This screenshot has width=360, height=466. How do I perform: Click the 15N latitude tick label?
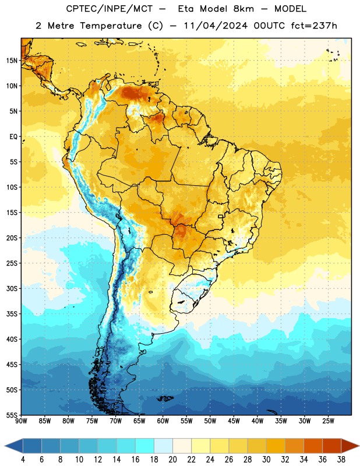point(12,61)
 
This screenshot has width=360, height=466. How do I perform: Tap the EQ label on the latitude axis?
point(13,137)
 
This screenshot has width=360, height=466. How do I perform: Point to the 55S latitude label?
point(12,415)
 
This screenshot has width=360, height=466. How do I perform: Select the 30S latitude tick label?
point(12,288)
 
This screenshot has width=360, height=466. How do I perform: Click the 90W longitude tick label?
point(21,421)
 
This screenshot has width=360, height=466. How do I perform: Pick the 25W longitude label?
point(328,421)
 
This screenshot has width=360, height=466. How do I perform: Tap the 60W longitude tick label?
point(163,421)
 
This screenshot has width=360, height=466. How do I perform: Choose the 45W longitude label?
point(234,421)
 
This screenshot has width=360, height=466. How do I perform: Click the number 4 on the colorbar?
point(23,460)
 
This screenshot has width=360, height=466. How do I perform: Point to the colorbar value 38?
point(341,460)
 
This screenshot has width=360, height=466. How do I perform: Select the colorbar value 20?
point(172,460)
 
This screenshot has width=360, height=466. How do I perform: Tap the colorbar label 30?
point(266,460)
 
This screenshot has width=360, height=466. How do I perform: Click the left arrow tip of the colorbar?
point(5,446)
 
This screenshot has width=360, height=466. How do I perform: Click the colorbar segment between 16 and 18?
point(145,446)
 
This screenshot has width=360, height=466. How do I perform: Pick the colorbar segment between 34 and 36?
point(313,446)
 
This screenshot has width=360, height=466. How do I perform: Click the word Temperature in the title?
point(111,26)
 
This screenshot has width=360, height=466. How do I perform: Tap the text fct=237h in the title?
point(314,26)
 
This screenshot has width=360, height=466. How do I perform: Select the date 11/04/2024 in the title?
point(215,26)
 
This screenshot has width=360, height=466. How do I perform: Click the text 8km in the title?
point(243,9)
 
